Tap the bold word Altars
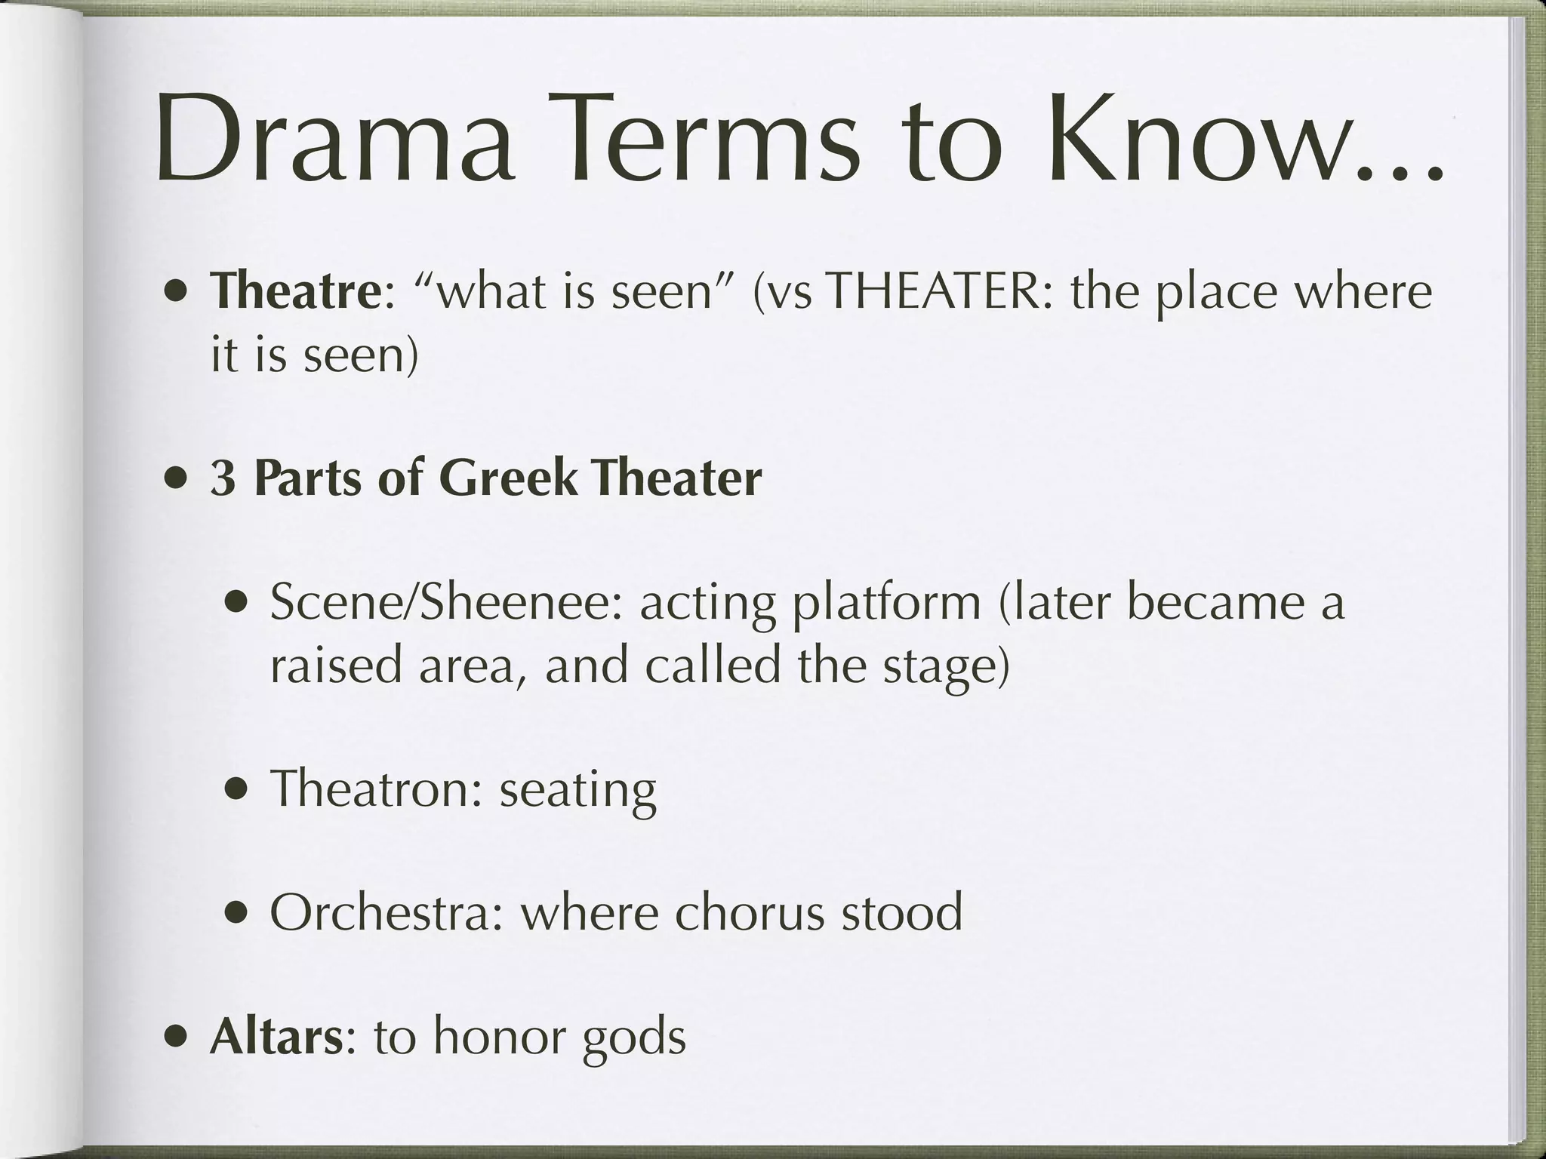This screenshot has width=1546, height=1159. (276, 1037)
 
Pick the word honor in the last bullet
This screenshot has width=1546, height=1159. (499, 1037)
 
